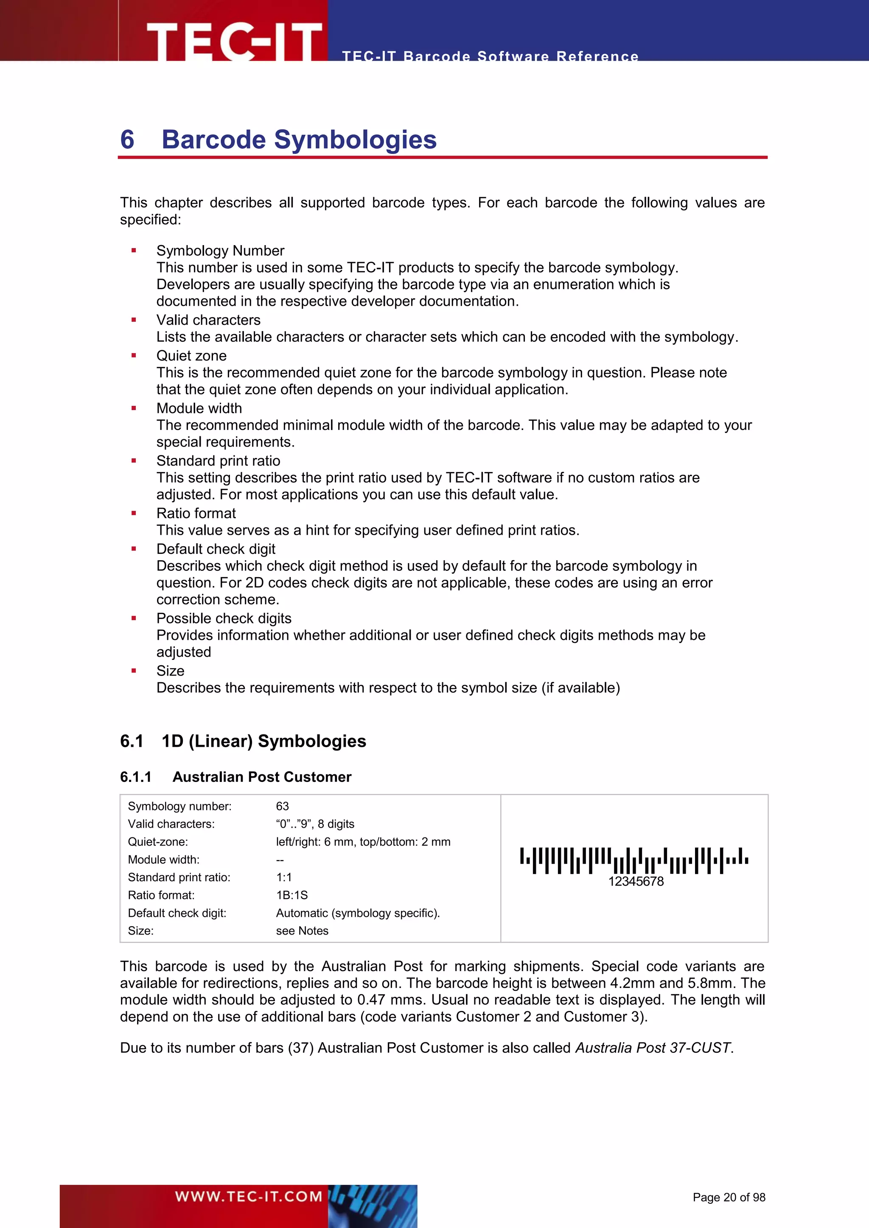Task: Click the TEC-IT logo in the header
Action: (234, 41)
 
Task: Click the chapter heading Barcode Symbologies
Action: (299, 140)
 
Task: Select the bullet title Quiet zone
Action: (191, 356)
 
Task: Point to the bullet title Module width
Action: (199, 408)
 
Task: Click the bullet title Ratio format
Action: (196, 513)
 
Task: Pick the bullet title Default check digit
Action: (216, 549)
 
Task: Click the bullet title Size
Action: (170, 671)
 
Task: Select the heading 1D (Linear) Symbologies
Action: (264, 741)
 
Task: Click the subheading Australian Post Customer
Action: (262, 777)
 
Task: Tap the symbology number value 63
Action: (282, 806)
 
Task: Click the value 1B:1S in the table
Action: (292, 895)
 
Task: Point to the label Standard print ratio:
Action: (179, 877)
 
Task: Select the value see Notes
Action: (302, 931)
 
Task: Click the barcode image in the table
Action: (634, 860)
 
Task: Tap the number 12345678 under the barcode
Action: (635, 882)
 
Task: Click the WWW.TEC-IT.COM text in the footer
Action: (248, 1196)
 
